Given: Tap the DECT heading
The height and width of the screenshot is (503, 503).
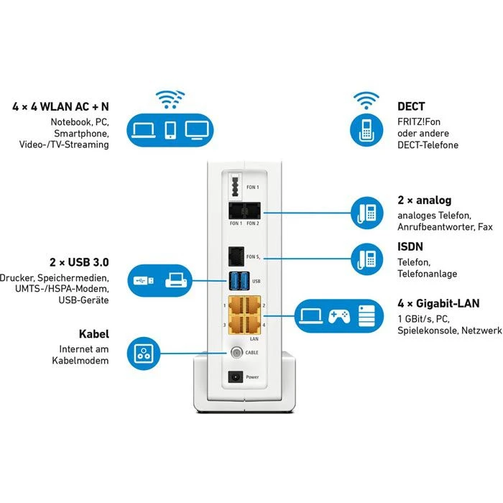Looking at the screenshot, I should (411, 106).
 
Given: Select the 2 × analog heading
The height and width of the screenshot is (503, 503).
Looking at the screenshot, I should (424, 200).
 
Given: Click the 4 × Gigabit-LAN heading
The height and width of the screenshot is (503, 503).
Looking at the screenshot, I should (438, 303).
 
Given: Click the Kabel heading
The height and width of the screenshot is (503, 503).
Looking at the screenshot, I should (93, 334).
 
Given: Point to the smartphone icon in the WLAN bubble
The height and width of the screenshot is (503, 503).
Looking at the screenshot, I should (170, 129).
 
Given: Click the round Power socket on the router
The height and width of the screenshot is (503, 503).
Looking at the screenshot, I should (233, 377).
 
